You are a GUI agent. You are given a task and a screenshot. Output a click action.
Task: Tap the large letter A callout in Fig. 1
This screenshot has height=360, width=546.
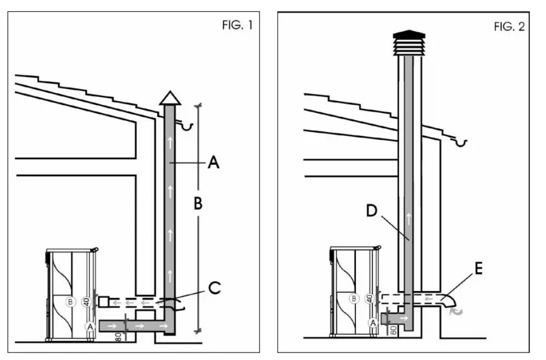coord(213,163)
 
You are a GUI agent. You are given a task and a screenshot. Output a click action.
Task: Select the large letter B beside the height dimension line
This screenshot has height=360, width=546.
coord(198,204)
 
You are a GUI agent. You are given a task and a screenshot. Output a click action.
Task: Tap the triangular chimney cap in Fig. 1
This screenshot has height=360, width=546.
coord(169,97)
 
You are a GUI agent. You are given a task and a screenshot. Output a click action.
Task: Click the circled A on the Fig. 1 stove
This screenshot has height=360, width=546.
coord(90,326)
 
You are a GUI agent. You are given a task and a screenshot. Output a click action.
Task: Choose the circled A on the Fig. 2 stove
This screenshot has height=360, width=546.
coord(373,322)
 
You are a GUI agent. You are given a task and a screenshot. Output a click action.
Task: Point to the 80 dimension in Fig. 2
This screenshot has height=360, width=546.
coord(393,330)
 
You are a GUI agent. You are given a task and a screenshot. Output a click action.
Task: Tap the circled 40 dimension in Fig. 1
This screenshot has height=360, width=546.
coord(88,301)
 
